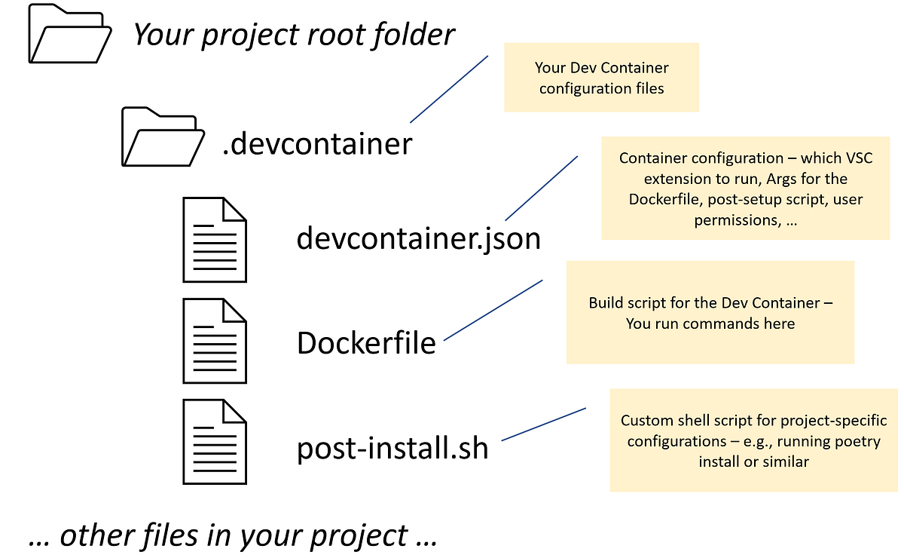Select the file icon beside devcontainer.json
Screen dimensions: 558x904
click(x=215, y=239)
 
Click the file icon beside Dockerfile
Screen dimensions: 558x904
click(x=215, y=341)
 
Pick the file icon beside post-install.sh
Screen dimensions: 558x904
click(x=215, y=441)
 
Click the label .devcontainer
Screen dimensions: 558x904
click(x=317, y=143)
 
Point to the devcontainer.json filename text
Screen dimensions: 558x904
click(x=419, y=238)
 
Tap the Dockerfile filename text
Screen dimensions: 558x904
click(x=366, y=343)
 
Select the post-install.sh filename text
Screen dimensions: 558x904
click(x=392, y=448)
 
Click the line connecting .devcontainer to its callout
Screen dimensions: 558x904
click(x=449, y=88)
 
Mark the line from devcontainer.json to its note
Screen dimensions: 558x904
click(x=541, y=189)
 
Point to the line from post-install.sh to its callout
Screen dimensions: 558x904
click(x=543, y=425)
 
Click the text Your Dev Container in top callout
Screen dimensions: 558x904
click(x=601, y=68)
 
